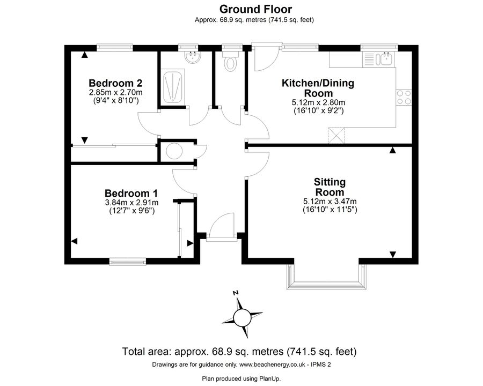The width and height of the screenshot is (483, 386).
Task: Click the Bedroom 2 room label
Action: coord(115,83)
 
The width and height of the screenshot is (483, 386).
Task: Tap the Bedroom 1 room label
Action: coord(131,194)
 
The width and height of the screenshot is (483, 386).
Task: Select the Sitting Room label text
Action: coord(330,187)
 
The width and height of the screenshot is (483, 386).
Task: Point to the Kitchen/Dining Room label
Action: coord(318,88)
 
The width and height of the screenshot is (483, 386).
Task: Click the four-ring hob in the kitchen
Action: coord(404,97)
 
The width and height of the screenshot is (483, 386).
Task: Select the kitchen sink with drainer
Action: coord(378,59)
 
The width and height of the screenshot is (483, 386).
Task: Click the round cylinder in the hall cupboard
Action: coord(174,151)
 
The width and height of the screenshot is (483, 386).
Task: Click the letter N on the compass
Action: coord(236,293)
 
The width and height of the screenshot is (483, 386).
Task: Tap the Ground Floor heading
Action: coord(255,9)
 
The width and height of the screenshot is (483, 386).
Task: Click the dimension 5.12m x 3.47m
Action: coord(330,202)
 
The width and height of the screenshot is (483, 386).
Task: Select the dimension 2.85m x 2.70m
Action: coord(115,92)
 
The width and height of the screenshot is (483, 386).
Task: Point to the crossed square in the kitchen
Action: coord(337,135)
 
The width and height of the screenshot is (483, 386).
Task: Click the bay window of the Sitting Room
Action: coord(327,277)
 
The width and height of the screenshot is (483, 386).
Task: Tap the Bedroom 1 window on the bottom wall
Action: coord(128,262)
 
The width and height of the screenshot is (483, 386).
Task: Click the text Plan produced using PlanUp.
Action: coord(241,378)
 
